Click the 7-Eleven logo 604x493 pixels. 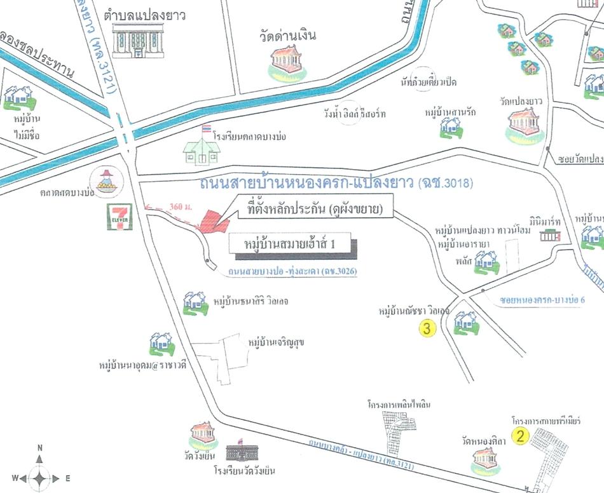tap(119, 216)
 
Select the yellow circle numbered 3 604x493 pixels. tap(427, 328)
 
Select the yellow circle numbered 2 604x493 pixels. tap(521, 436)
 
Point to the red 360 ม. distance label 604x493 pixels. tap(180, 206)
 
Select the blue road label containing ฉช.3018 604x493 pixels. tap(336, 184)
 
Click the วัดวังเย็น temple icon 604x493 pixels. tap(204, 435)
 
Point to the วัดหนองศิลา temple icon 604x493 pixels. tap(487, 459)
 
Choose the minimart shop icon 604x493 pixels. tap(551, 235)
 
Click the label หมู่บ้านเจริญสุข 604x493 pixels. tap(276, 343)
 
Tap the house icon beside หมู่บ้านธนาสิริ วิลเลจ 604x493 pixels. tap(195, 302)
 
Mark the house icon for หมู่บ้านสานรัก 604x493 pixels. tap(451, 126)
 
